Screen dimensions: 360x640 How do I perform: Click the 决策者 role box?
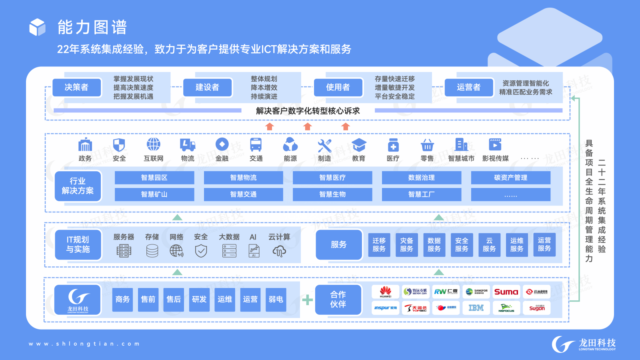point(76,87)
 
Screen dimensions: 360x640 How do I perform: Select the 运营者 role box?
point(469,87)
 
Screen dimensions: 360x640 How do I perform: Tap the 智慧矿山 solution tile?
point(154,194)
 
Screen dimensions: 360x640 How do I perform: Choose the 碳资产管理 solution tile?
point(510,178)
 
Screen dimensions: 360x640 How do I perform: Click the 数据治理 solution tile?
point(422,178)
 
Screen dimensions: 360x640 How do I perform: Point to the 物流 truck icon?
point(188,145)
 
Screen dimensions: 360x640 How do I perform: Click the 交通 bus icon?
point(256,145)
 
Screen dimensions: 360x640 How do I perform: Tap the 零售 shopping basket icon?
point(427,145)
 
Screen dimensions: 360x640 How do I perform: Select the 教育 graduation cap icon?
point(359,145)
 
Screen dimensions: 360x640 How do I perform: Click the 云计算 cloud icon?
point(279,251)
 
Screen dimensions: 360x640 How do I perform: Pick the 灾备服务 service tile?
point(406,244)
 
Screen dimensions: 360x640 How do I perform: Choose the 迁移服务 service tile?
point(379,244)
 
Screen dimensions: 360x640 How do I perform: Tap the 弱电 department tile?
point(276,299)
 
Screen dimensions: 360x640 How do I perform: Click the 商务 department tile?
point(123,299)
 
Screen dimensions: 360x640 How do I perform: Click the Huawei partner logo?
point(386,292)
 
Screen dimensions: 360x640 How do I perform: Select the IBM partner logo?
point(476,308)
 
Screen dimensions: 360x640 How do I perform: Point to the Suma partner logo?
point(506,292)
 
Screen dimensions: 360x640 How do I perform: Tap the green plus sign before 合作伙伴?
point(307,300)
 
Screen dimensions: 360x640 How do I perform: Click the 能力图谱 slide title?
point(92,27)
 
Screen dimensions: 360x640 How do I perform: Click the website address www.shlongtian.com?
point(84,344)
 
